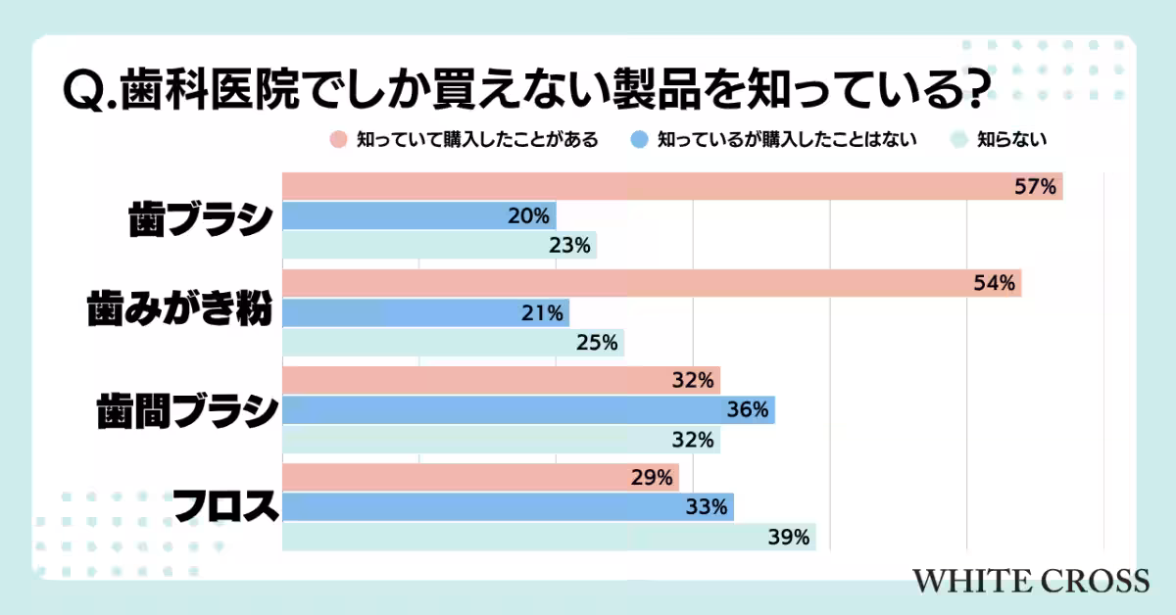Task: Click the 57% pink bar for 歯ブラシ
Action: point(672,186)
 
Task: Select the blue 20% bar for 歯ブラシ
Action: point(419,215)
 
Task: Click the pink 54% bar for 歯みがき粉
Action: point(652,283)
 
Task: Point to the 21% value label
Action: point(542,313)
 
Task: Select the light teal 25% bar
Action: point(453,343)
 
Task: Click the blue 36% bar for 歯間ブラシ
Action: point(528,410)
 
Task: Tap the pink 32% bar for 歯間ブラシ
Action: point(501,380)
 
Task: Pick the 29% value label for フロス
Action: point(652,478)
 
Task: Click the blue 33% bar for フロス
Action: point(508,507)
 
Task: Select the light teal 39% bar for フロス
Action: point(549,537)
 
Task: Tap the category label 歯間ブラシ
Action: point(186,411)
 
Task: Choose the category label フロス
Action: point(224,506)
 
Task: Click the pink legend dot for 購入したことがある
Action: point(338,139)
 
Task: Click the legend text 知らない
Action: point(1011,139)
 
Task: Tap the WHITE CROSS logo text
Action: point(1030,580)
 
